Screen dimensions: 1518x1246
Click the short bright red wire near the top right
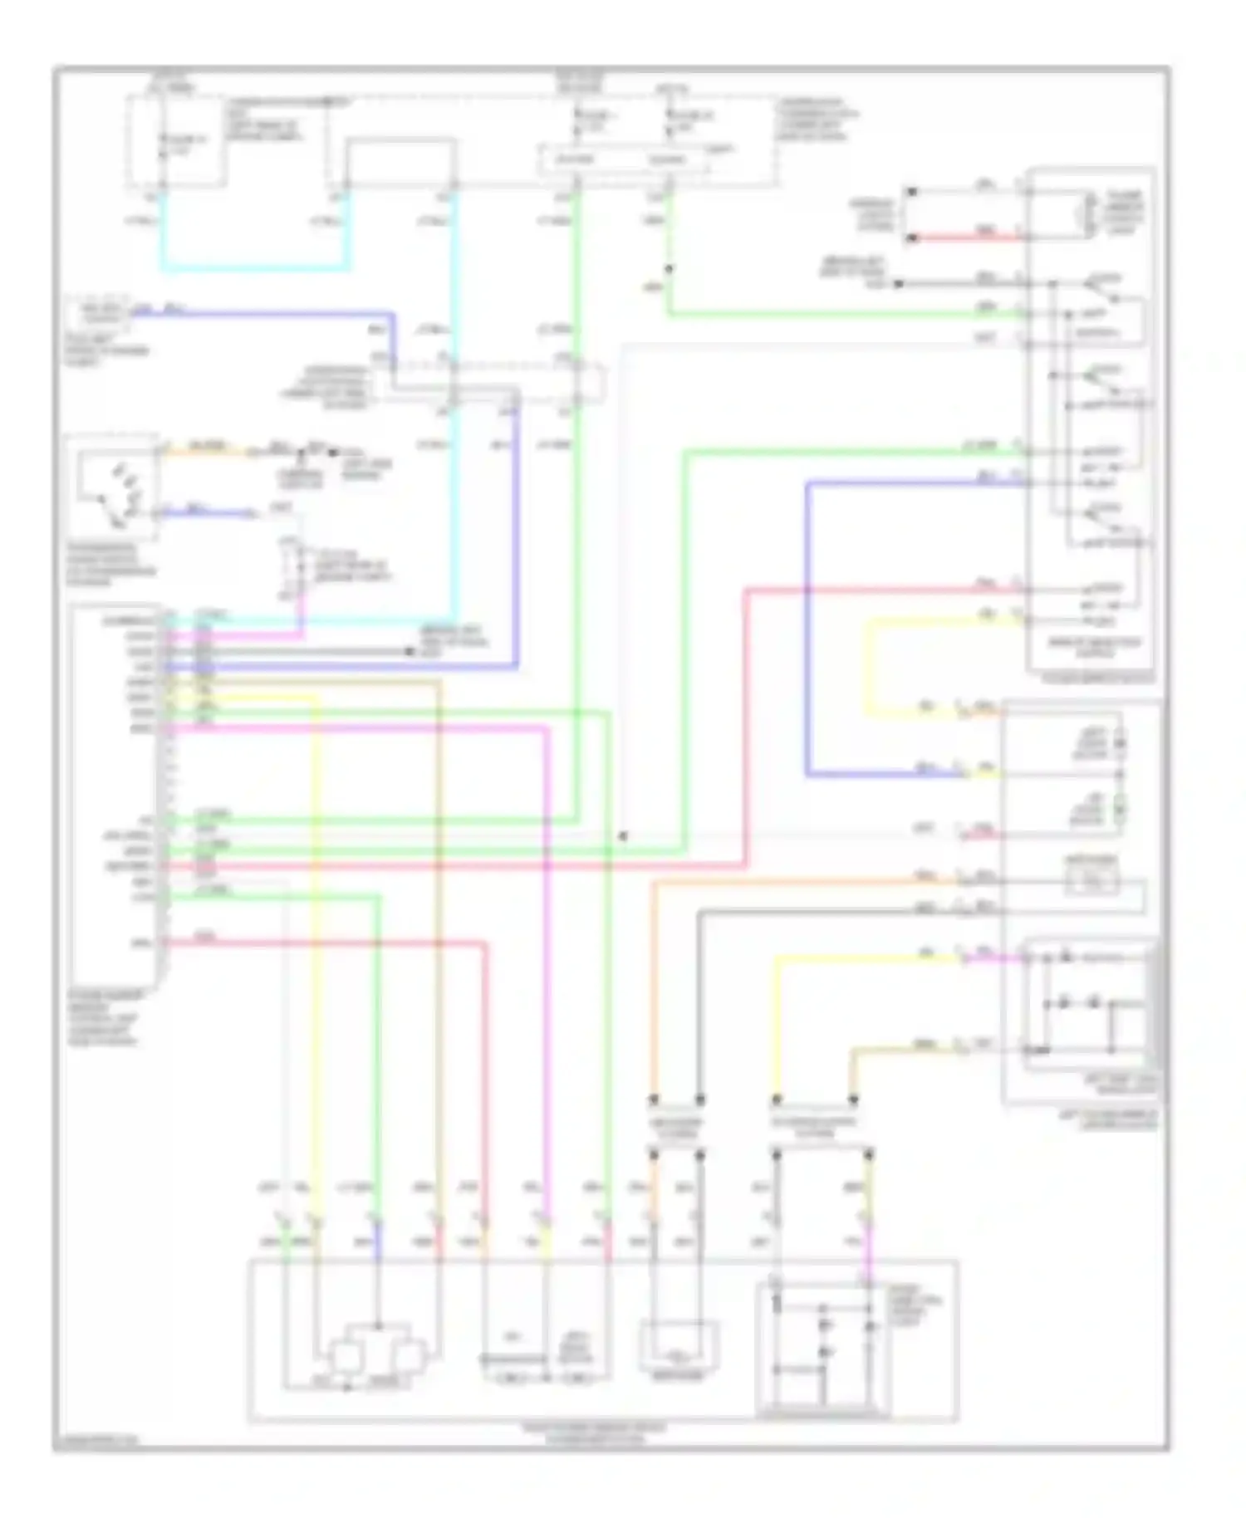pyautogui.click(x=968, y=238)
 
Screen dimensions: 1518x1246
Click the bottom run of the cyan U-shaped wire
pyautogui.click(x=253, y=268)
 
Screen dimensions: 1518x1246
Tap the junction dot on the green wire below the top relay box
pyautogui.click(x=669, y=268)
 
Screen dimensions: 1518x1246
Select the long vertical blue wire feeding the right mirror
pyautogui.click(x=807, y=631)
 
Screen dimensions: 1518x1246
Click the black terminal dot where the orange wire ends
pyautogui.click(x=654, y=1100)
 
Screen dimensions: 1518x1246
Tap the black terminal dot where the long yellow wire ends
pyautogui.click(x=777, y=1100)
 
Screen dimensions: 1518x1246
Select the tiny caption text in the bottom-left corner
pyautogui.click(x=96, y=1442)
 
